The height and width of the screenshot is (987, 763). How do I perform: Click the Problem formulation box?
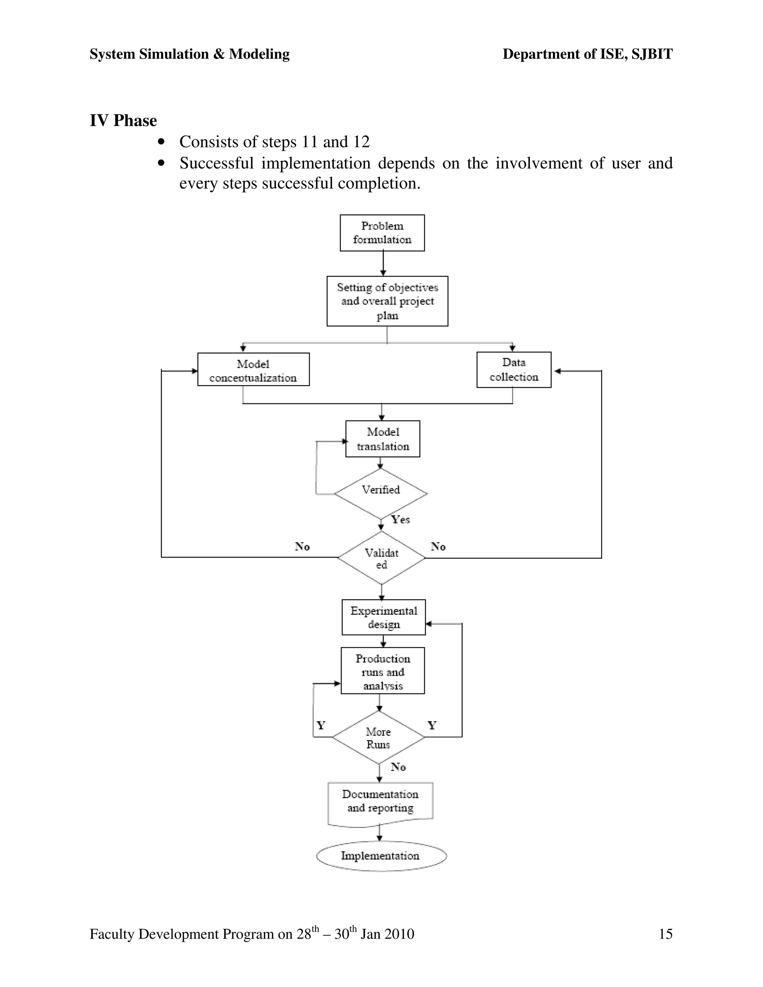382,233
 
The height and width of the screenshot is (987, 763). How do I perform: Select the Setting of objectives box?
387,301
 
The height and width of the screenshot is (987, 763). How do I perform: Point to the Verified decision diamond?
381,493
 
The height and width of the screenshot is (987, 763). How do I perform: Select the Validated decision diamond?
381,558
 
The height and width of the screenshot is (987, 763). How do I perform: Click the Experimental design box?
383,617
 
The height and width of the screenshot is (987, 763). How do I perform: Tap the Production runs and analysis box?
382,671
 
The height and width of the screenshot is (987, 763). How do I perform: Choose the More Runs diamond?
379,737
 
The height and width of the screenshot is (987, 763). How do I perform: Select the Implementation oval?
381,856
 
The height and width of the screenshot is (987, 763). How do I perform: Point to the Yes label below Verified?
401,520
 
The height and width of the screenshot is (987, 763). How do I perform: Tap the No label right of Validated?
438,547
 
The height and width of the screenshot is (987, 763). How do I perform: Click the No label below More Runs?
398,767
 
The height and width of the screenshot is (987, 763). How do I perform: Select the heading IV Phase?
123,121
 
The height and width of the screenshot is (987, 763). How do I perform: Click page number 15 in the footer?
665,934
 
